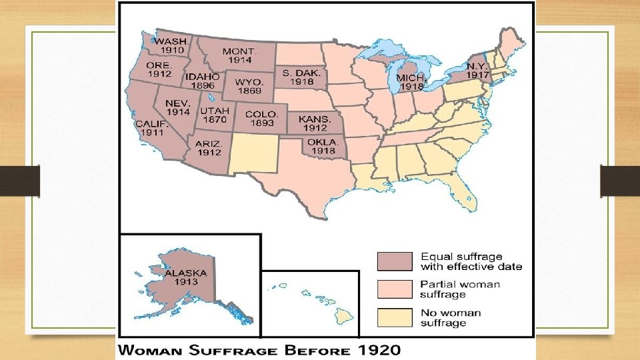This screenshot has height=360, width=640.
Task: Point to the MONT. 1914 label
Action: (x=237, y=56)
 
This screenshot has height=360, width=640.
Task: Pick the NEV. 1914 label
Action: (x=179, y=108)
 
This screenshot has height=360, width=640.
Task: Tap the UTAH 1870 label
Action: (x=214, y=115)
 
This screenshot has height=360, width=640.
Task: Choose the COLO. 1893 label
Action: (x=261, y=119)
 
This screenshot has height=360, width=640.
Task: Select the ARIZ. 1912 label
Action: (x=209, y=147)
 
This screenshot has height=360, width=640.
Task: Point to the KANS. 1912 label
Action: (x=313, y=123)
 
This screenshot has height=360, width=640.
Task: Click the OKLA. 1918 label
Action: (x=323, y=147)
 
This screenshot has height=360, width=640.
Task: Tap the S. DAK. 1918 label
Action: (x=297, y=77)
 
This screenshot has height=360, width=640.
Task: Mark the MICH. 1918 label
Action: (x=410, y=83)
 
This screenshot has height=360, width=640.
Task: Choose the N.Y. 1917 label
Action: (x=477, y=71)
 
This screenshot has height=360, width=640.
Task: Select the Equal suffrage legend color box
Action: (x=395, y=261)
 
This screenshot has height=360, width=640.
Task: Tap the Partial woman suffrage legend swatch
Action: (x=395, y=289)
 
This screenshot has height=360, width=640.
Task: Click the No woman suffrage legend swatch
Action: (x=395, y=318)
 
